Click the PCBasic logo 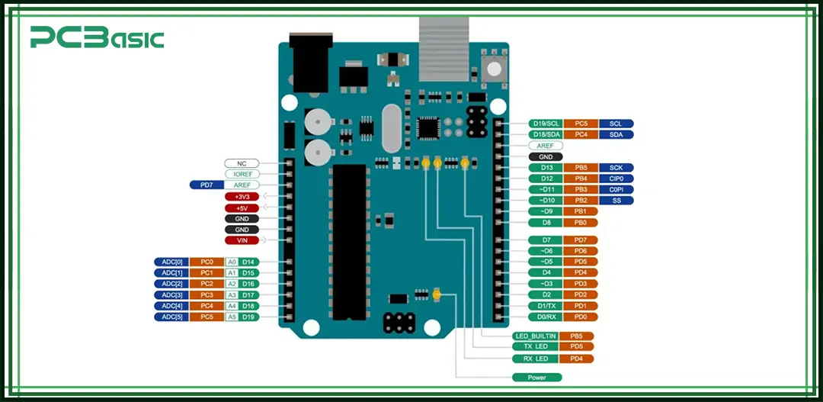97,37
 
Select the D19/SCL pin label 545,124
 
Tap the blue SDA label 616,134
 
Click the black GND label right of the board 545,156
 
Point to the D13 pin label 545,168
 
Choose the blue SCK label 616,168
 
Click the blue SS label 616,201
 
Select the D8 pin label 545,223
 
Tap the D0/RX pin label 545,317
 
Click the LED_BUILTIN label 536,336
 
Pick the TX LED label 536,347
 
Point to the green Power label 536,378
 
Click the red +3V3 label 242,197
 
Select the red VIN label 242,240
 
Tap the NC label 242,163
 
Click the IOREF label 242,174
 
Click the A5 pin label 232,317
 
